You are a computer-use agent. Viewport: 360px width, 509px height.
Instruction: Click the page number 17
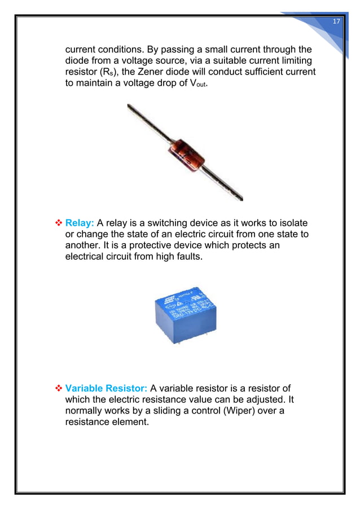(x=336, y=21)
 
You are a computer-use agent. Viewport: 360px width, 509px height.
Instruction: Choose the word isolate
(x=296, y=223)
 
